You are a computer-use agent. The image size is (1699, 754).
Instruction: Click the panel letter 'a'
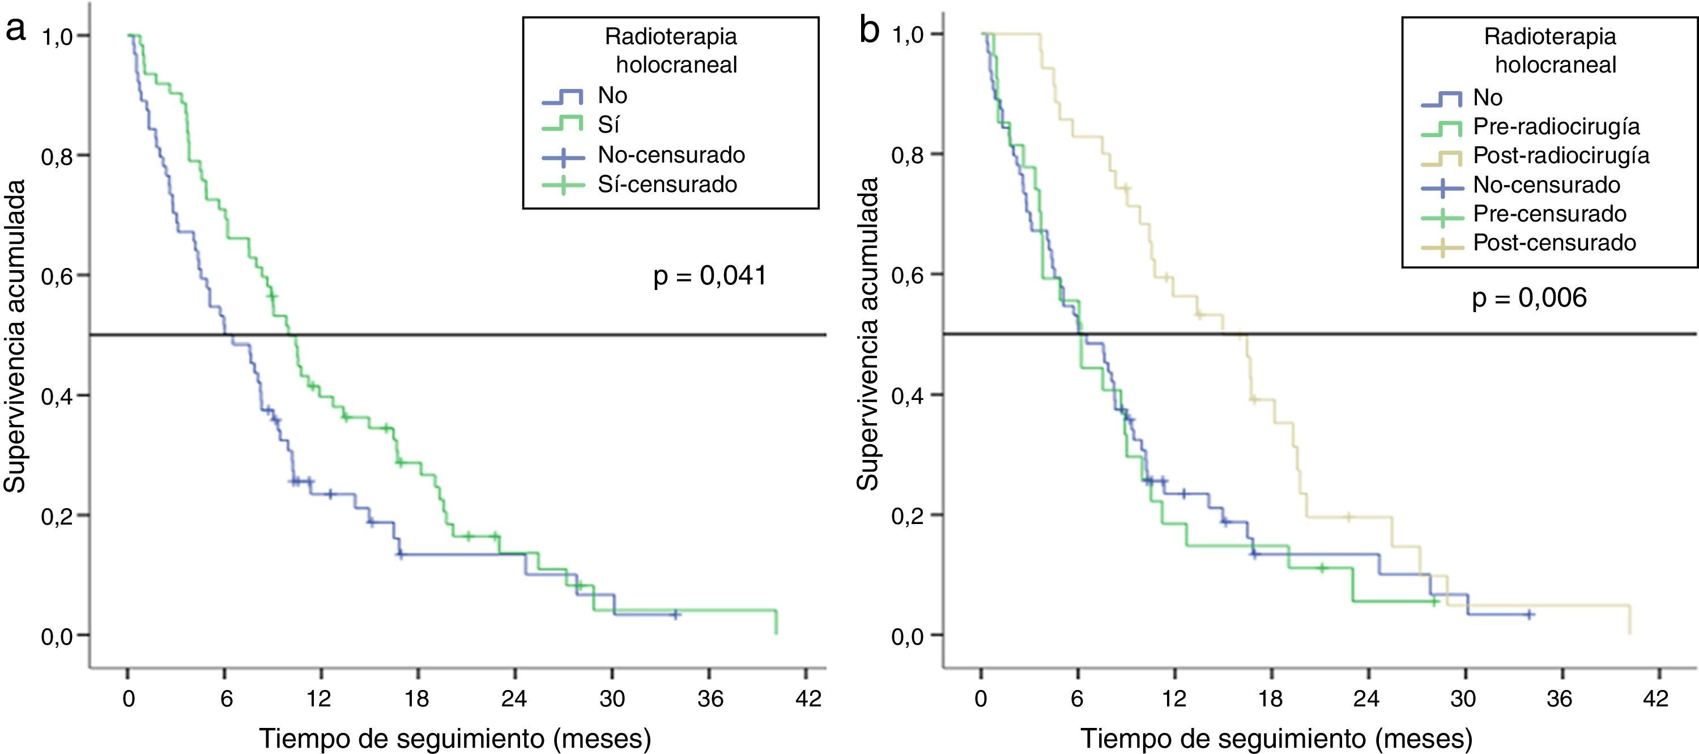16,29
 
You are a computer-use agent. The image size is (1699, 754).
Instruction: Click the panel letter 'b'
869,29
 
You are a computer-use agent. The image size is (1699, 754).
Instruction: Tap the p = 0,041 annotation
710,276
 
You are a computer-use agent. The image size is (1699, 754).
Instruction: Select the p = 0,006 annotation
1529,298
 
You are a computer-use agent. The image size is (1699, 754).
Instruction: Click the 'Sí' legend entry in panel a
608,125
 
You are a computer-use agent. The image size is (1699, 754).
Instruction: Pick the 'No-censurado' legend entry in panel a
671,155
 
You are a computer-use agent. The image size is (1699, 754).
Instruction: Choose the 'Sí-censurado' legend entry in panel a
667,184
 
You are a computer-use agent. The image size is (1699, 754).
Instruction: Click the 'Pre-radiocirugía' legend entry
1556,127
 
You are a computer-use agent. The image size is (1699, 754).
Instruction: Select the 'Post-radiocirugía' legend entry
1561,156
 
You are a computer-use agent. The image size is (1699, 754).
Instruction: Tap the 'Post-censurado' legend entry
1554,243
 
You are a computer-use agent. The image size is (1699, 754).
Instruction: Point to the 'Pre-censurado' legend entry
1549,214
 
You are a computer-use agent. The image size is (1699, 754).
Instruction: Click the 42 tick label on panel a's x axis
808,698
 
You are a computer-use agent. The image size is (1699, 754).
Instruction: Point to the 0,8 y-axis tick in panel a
57,157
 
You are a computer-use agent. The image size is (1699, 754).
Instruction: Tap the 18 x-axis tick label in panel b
1270,698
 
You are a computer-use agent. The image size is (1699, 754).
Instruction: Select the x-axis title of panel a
455,738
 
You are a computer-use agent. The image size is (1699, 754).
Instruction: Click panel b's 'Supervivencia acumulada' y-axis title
868,334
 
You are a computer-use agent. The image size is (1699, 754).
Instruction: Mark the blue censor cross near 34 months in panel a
675,614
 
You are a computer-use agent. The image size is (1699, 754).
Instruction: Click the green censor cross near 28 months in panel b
1434,601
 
